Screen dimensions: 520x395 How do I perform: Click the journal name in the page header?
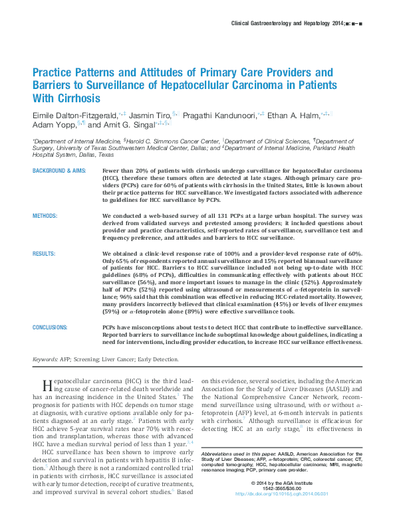[285, 24]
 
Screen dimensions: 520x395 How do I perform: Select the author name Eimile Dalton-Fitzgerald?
[74, 114]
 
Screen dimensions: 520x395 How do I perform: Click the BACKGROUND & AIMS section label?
[61, 171]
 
